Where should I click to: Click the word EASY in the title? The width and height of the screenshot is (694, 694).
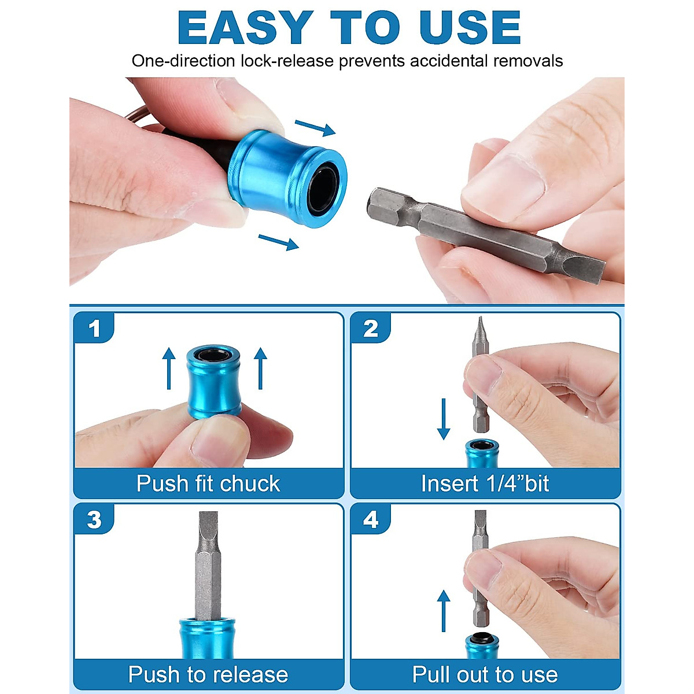click(x=245, y=27)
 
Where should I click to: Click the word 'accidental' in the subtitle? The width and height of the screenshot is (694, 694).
click(x=449, y=61)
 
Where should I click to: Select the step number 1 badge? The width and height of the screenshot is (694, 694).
click(x=94, y=328)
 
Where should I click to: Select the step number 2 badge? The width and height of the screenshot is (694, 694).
click(x=371, y=328)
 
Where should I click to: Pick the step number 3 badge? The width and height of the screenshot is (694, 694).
click(x=94, y=520)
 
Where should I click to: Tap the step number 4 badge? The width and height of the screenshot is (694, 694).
click(x=371, y=520)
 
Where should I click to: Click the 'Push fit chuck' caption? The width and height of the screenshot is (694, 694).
click(x=208, y=483)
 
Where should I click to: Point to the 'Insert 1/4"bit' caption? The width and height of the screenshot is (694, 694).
click(x=485, y=483)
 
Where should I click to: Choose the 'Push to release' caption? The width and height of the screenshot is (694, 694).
click(x=208, y=674)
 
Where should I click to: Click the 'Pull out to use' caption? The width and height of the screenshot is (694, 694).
click(x=485, y=674)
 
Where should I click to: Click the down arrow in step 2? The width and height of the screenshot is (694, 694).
click(x=444, y=419)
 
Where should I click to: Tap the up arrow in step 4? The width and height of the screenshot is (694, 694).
click(x=444, y=611)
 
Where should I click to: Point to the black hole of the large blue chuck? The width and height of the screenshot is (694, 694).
click(x=323, y=187)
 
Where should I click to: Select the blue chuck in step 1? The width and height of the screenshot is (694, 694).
click(x=214, y=382)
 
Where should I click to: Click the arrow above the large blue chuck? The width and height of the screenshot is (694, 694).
click(x=315, y=128)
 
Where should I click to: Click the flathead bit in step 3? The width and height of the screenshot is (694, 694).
click(x=208, y=566)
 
